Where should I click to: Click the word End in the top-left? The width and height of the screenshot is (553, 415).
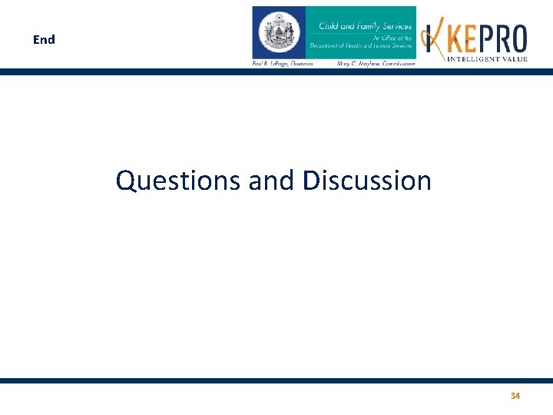pyautogui.click(x=44, y=39)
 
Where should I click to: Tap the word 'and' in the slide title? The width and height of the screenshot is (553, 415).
pyautogui.click(x=270, y=181)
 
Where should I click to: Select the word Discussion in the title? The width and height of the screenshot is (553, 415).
pyautogui.click(x=366, y=181)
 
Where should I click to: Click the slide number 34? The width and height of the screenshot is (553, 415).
pyautogui.click(x=515, y=396)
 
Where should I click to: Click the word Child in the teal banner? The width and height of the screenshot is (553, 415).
pyautogui.click(x=329, y=27)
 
